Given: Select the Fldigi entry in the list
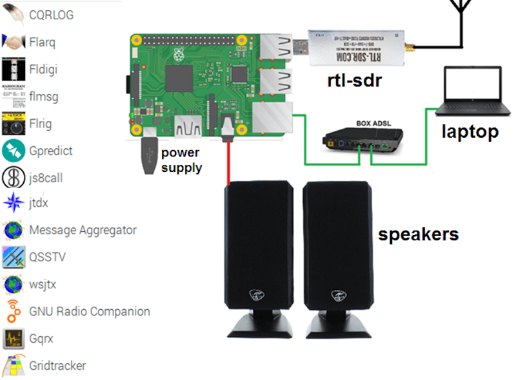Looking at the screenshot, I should click(x=43, y=69).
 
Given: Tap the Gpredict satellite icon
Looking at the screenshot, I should click(x=14, y=151).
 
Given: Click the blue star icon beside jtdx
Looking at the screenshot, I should click(x=14, y=203).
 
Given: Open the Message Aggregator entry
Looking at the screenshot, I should click(x=83, y=230).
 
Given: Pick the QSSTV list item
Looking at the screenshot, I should click(x=47, y=257).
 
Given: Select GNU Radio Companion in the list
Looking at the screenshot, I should click(x=89, y=312).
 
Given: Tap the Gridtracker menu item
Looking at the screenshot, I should click(x=57, y=365).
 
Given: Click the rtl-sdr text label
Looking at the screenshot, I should click(x=354, y=81).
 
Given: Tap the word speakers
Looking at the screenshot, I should click(x=418, y=234).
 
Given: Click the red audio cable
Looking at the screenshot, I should click(x=228, y=164).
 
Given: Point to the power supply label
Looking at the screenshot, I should click(x=181, y=160).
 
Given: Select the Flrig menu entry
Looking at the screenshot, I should click(x=40, y=123).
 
